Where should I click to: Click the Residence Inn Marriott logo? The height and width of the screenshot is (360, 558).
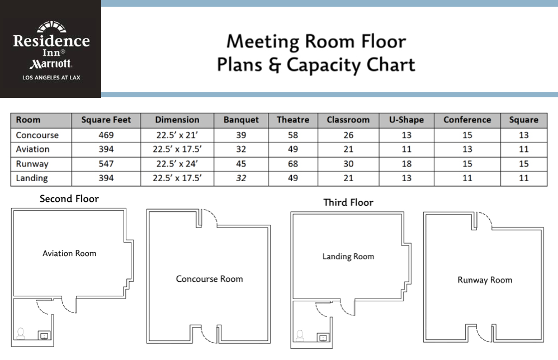tap(51, 49)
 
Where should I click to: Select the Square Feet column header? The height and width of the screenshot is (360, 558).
tap(106, 120)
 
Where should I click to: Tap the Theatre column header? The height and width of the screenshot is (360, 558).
tap(292, 120)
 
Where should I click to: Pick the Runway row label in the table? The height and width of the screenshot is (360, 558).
tap(32, 164)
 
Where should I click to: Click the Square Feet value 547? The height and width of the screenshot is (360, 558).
tap(106, 164)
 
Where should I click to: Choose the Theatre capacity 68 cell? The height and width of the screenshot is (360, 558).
tap(292, 164)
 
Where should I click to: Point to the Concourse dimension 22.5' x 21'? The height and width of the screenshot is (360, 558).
tap(177, 135)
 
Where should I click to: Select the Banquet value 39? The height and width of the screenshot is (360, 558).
tap(241, 135)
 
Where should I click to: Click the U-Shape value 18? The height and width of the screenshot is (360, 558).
tap(406, 164)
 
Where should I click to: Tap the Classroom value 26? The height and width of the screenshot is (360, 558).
tap(348, 135)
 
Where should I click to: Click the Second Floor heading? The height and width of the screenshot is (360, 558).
tap(69, 198)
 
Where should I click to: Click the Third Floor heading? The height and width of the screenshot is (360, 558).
tap(348, 202)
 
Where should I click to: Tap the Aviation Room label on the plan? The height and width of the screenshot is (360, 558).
tap(69, 253)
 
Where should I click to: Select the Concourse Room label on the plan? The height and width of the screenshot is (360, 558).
tap(209, 278)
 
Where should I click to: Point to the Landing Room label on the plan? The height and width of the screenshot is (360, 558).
tap(348, 257)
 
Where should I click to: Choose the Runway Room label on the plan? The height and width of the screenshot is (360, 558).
tap(484, 280)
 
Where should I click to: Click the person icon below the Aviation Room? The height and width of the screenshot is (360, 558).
tap(21, 333)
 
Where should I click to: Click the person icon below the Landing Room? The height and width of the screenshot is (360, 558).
tap(300, 336)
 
